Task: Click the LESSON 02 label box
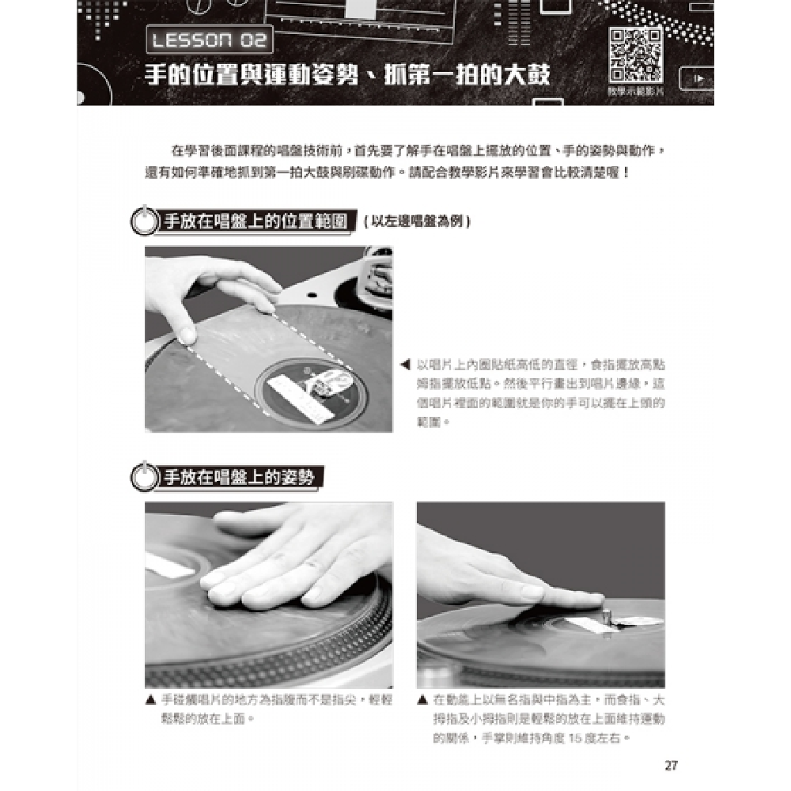click(210, 39)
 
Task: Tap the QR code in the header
click(635, 55)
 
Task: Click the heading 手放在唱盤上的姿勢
click(238, 477)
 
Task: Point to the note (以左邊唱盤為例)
click(417, 222)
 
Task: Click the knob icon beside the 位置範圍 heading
click(143, 221)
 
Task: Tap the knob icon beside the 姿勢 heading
click(143, 478)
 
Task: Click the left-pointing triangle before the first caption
click(405, 365)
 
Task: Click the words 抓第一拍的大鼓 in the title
click(475, 77)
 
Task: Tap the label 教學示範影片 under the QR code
click(635, 93)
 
